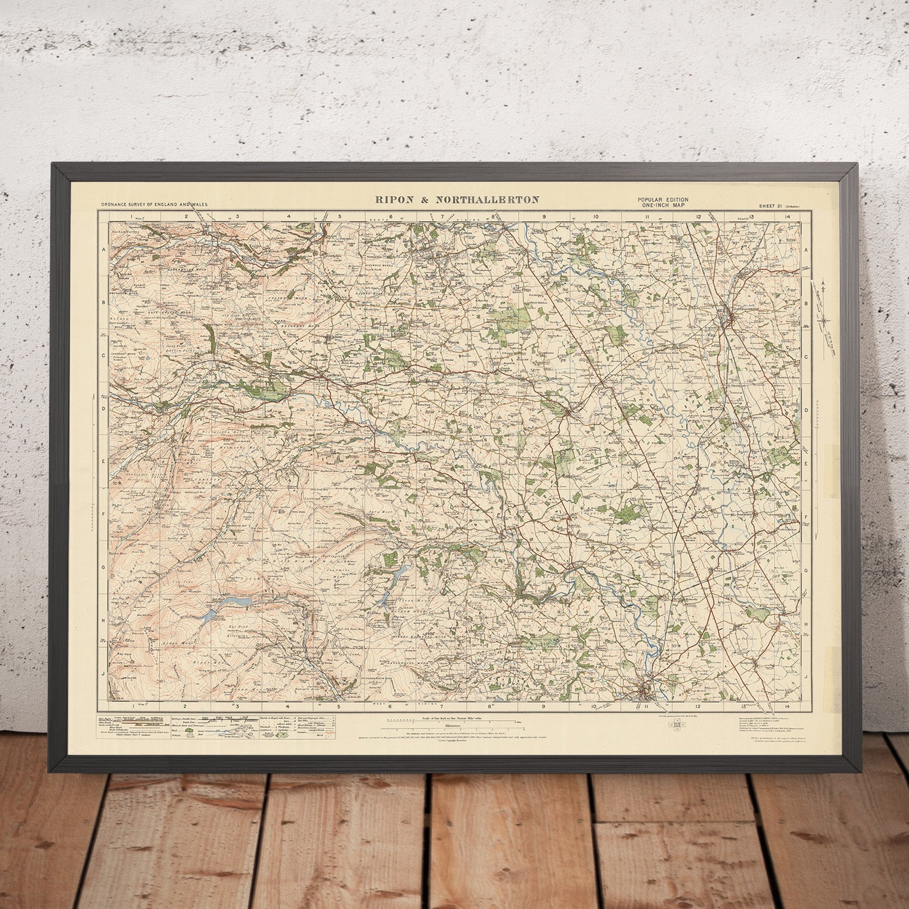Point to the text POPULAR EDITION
662,199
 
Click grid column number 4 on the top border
289,216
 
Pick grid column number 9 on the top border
544,216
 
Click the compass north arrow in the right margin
825,311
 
